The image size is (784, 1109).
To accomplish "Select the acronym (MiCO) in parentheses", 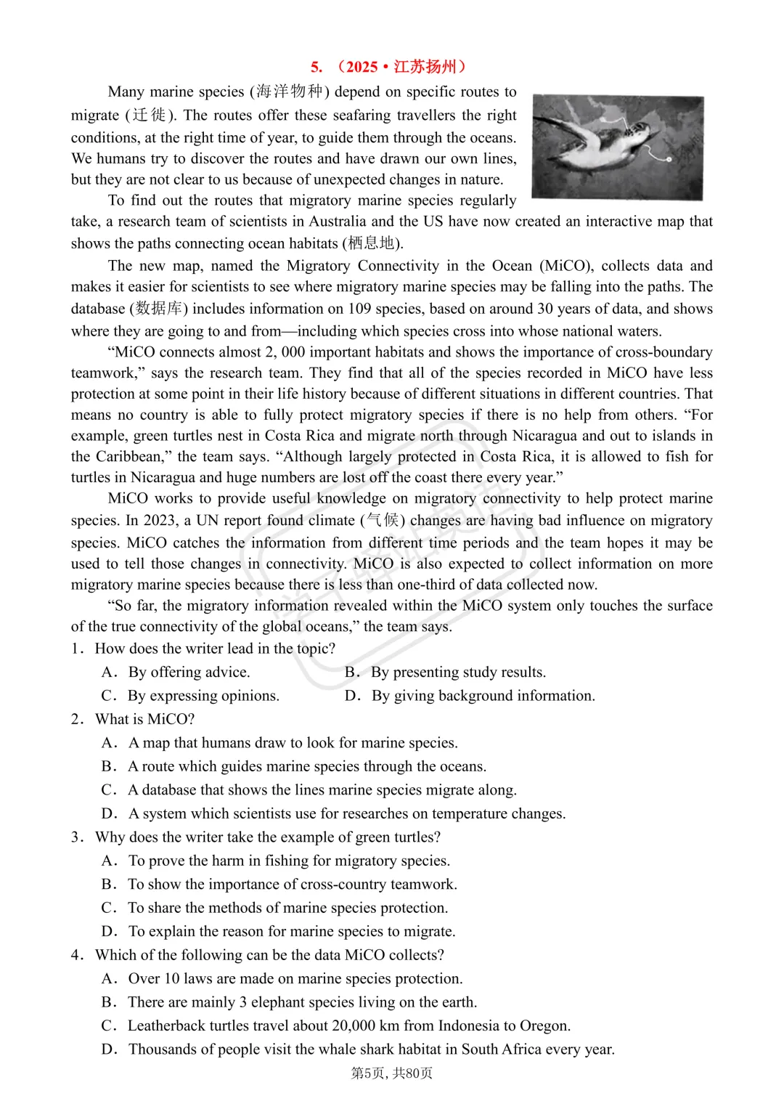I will (x=566, y=266).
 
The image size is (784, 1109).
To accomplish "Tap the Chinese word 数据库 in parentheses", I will (x=159, y=309).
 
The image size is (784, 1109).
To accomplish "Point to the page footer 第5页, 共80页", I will (x=392, y=1073).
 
